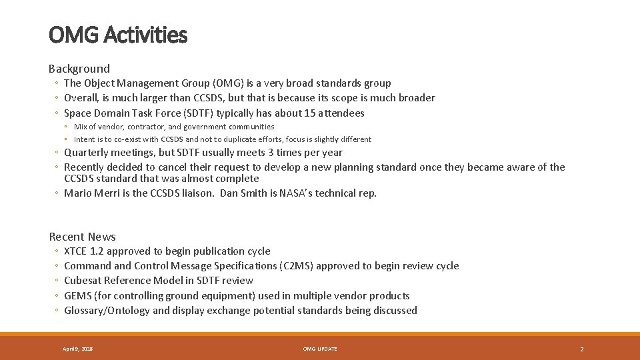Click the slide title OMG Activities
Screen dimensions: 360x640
click(118, 35)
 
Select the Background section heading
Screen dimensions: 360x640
click(79, 69)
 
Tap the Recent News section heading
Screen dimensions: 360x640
click(83, 237)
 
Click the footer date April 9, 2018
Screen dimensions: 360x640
click(78, 349)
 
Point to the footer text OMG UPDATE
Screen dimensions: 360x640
click(320, 349)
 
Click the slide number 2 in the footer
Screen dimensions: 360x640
click(581, 349)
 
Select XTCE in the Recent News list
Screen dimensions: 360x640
click(75, 251)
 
